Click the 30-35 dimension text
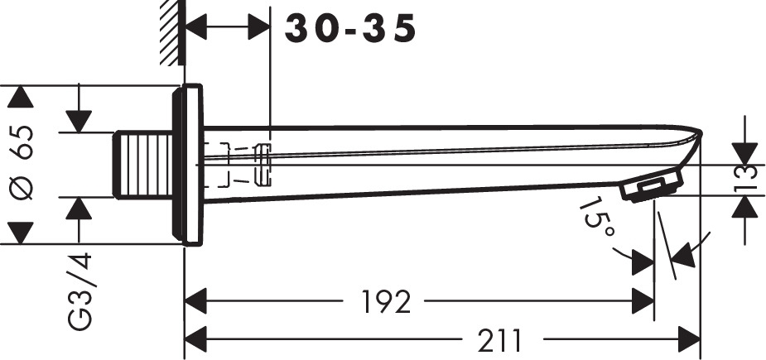[350, 28]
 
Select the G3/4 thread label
[79, 291]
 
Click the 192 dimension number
[386, 302]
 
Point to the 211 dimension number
[500, 340]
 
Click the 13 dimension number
[746, 180]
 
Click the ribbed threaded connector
[143, 165]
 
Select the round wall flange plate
[188, 164]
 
